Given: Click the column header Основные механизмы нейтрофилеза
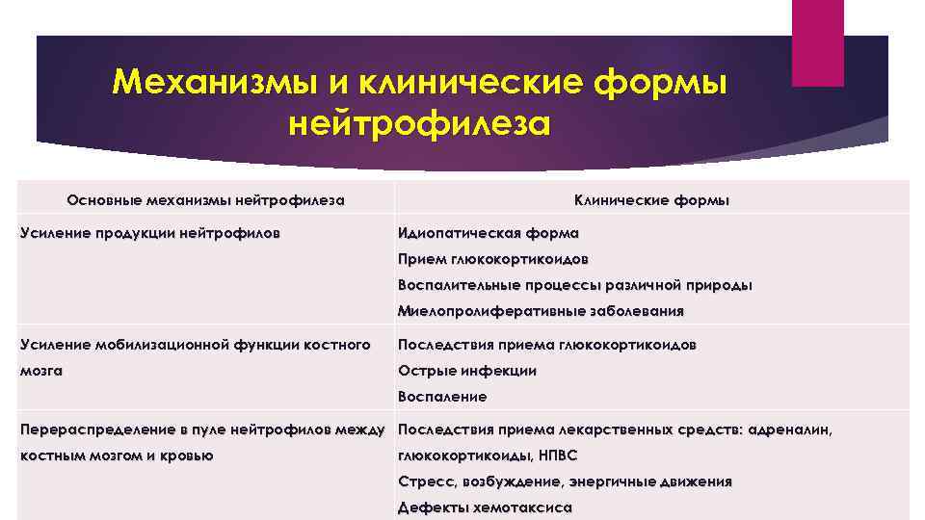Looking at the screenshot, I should click(205, 200).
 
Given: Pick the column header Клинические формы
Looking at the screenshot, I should click(651, 200).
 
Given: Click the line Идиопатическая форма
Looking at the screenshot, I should click(489, 233).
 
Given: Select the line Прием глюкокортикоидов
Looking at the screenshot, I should click(492, 259).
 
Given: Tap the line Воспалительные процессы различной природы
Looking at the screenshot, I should click(575, 285).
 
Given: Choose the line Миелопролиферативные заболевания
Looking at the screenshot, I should click(541, 311).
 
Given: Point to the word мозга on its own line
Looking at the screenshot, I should click(41, 371).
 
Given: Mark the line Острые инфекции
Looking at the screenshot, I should click(467, 371).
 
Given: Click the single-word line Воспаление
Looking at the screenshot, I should click(442, 397).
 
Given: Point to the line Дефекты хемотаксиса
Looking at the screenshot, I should click(485, 507).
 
